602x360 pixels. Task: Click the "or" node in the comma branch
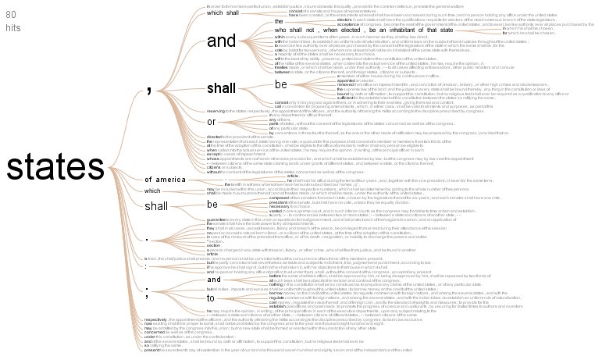(211, 121)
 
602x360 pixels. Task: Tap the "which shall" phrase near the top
(225, 12)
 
